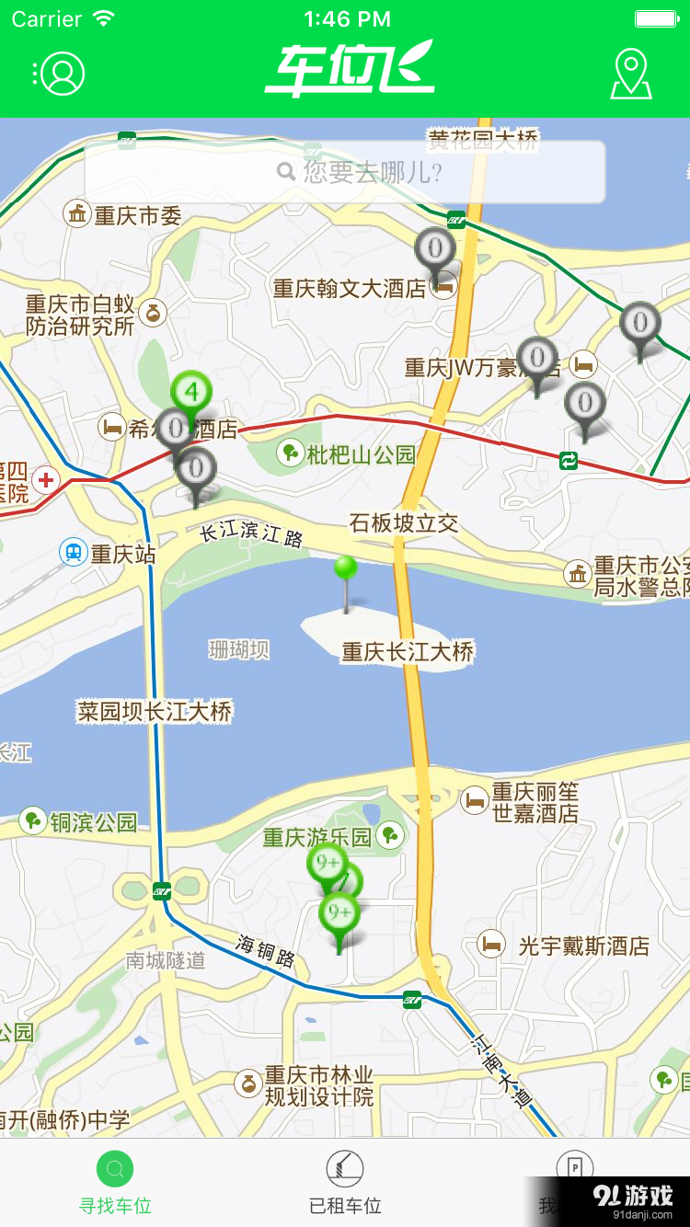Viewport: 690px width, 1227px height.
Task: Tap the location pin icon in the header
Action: point(631,74)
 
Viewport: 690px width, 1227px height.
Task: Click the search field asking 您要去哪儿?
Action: point(345,172)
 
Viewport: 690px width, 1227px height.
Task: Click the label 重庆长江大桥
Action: point(408,652)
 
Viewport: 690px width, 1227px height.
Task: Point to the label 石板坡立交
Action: point(404,523)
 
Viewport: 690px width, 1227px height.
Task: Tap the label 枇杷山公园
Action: point(361,453)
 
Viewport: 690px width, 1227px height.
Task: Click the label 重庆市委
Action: point(137,215)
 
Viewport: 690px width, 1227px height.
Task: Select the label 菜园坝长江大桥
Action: point(155,711)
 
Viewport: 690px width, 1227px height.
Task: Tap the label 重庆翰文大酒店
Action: point(350,289)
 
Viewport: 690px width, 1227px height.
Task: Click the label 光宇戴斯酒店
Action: point(583,946)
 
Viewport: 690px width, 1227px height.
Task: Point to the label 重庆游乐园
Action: point(317,837)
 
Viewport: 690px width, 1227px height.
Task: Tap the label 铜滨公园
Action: point(93,822)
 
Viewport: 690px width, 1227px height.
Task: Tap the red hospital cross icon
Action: point(45,478)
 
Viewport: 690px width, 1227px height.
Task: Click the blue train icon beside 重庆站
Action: point(73,553)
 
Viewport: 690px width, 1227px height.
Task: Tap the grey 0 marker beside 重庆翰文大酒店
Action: point(434,249)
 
